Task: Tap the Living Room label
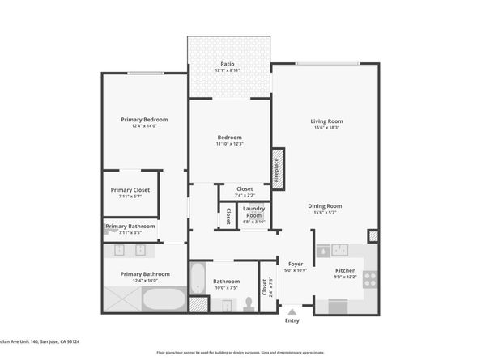pyautogui.click(x=324, y=121)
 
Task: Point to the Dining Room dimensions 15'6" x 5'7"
pyautogui.click(x=325, y=213)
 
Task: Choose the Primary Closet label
pyautogui.click(x=130, y=190)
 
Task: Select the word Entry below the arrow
pyautogui.click(x=292, y=320)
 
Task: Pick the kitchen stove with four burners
pyautogui.click(x=369, y=278)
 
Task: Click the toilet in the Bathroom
pyautogui.click(x=249, y=303)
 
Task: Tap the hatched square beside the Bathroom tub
pyautogui.click(x=197, y=305)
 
